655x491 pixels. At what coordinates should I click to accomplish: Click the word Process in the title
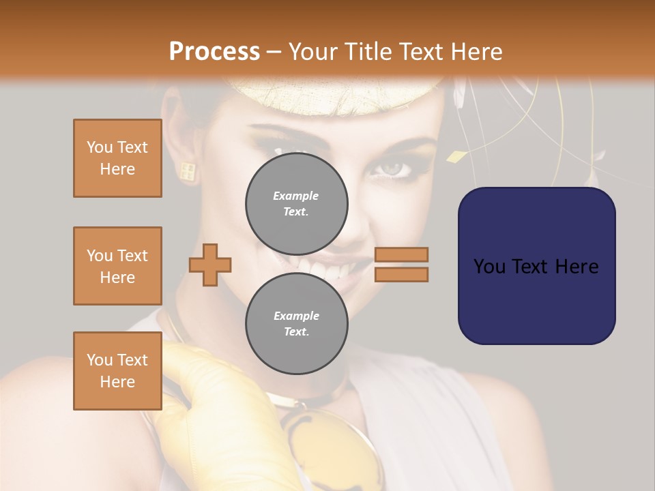214,51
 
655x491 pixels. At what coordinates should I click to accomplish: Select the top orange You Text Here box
117,158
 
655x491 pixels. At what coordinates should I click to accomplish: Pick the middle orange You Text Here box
117,266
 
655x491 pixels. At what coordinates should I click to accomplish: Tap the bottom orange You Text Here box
117,371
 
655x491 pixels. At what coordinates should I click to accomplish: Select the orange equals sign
402,265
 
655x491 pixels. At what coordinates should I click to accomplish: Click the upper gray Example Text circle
297,204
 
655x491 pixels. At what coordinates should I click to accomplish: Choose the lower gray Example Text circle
297,323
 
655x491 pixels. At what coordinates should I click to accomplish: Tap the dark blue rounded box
537,265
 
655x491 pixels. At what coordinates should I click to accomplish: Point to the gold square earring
188,170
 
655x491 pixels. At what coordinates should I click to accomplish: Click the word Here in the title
478,51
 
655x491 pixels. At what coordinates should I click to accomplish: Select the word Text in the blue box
536,266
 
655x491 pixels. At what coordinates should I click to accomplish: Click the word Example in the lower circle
296,316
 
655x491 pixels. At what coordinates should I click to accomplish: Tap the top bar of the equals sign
402,255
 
